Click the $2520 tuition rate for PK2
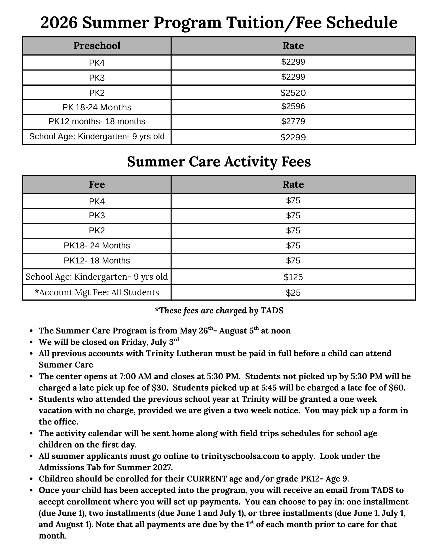pyautogui.click(x=293, y=92)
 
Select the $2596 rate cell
pyautogui.click(x=293, y=107)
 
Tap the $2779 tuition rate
pyautogui.click(x=293, y=122)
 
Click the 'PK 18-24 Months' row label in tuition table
pyautogui.click(x=97, y=107)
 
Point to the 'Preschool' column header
pyautogui.click(x=97, y=46)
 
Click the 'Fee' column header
pyautogui.click(x=97, y=185)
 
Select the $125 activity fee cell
pyautogui.click(x=293, y=277)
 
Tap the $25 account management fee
pyautogui.click(x=293, y=293)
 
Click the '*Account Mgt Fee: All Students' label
pyautogui.click(x=97, y=292)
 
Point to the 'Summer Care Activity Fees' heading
pyautogui.click(x=219, y=162)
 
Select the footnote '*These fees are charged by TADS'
pyautogui.click(x=219, y=311)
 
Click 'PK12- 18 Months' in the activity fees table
pyautogui.click(x=97, y=261)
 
